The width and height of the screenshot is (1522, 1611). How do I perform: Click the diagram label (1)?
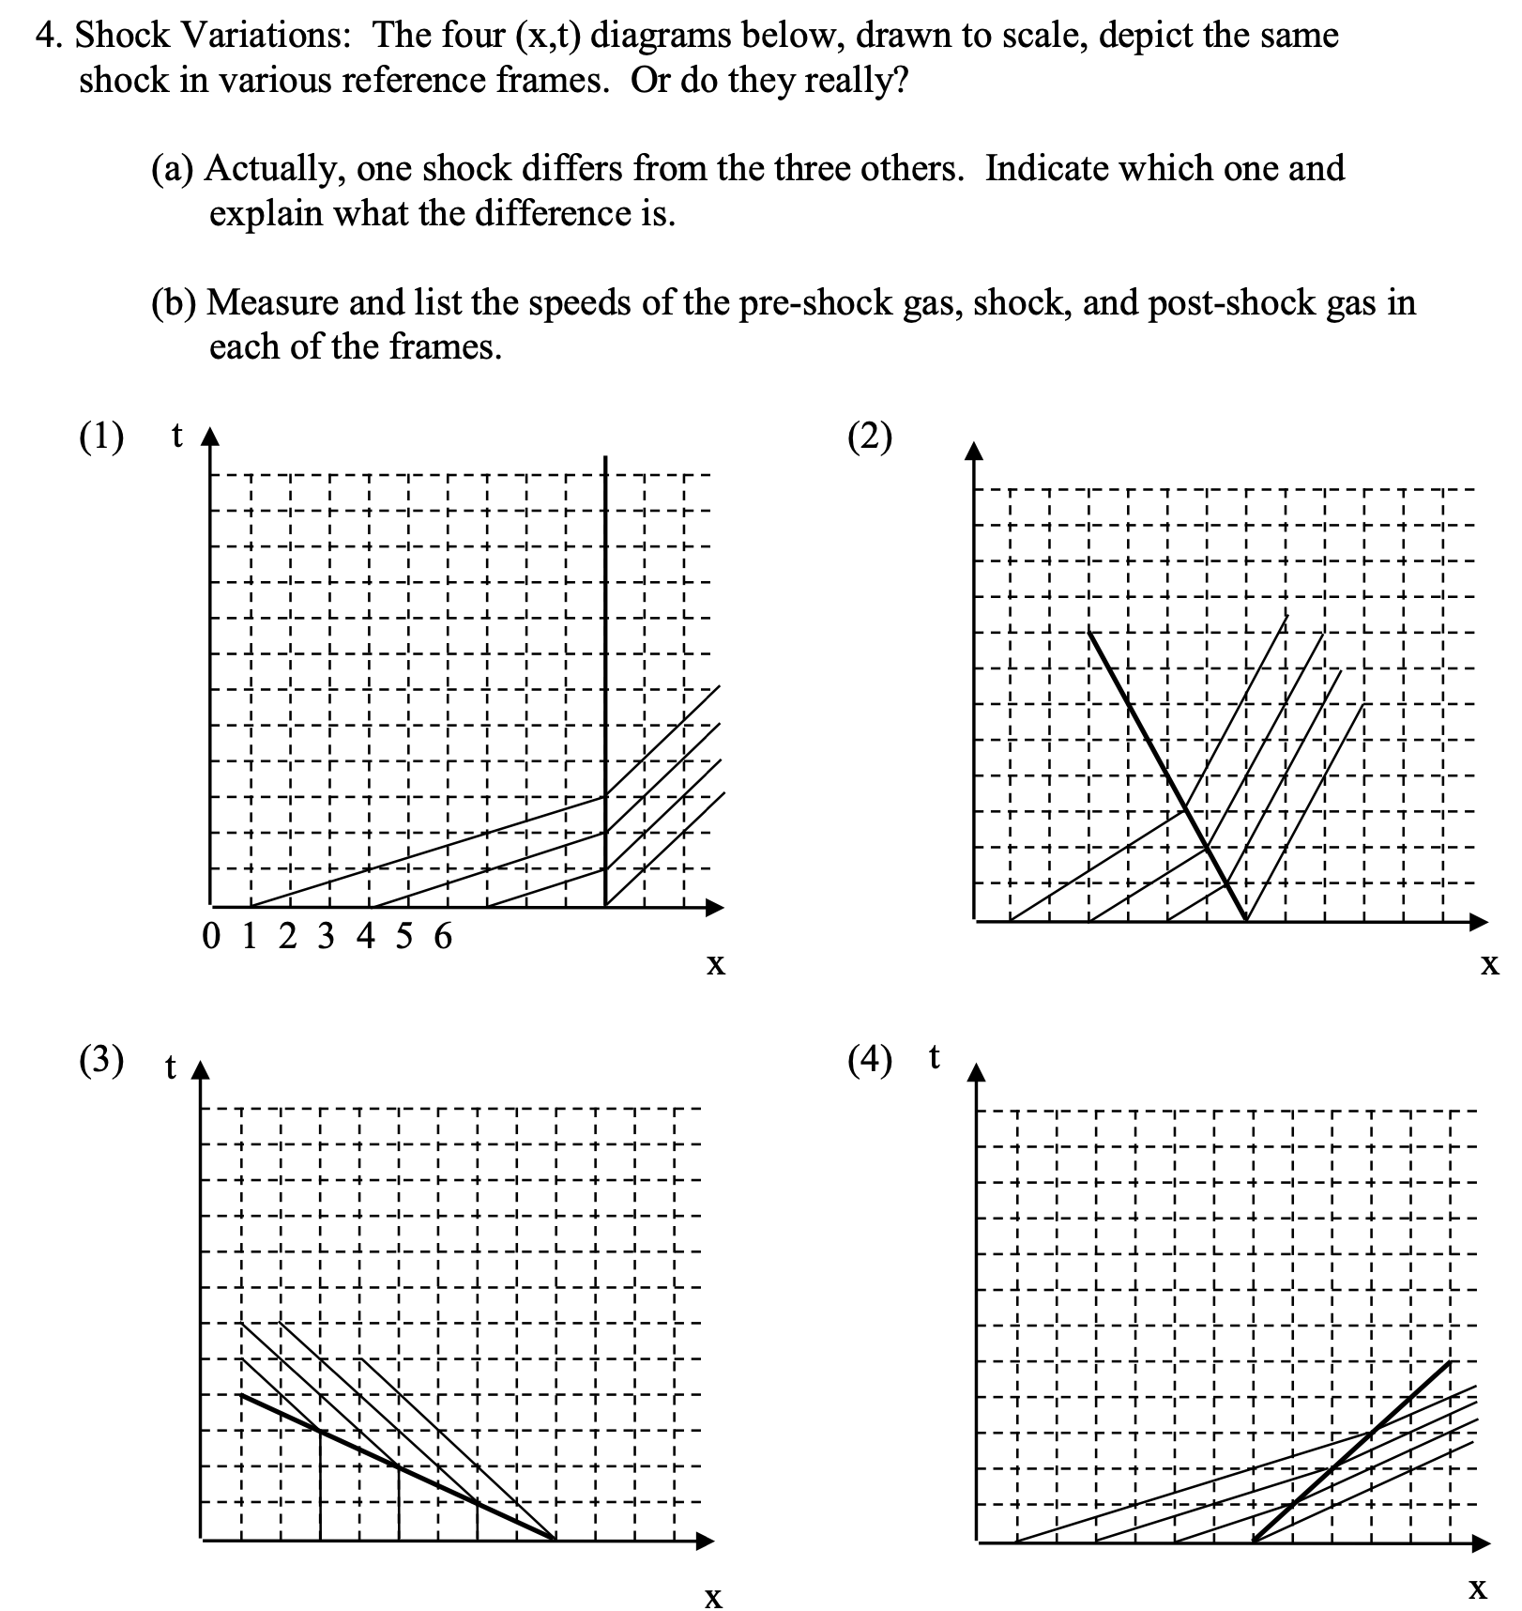pos(100,437)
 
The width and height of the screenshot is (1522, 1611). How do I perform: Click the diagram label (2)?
pos(869,437)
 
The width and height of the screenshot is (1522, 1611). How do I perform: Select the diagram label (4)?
pos(869,1060)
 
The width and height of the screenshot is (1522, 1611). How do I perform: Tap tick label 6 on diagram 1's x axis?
pos(443,936)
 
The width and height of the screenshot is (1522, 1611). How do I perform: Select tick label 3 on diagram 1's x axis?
pos(326,936)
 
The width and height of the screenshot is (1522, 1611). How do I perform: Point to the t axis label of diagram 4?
pos(934,1057)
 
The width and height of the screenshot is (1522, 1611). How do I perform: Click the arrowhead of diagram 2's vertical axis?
pos(976,452)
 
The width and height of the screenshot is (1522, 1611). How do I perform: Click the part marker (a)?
pos(173,169)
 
